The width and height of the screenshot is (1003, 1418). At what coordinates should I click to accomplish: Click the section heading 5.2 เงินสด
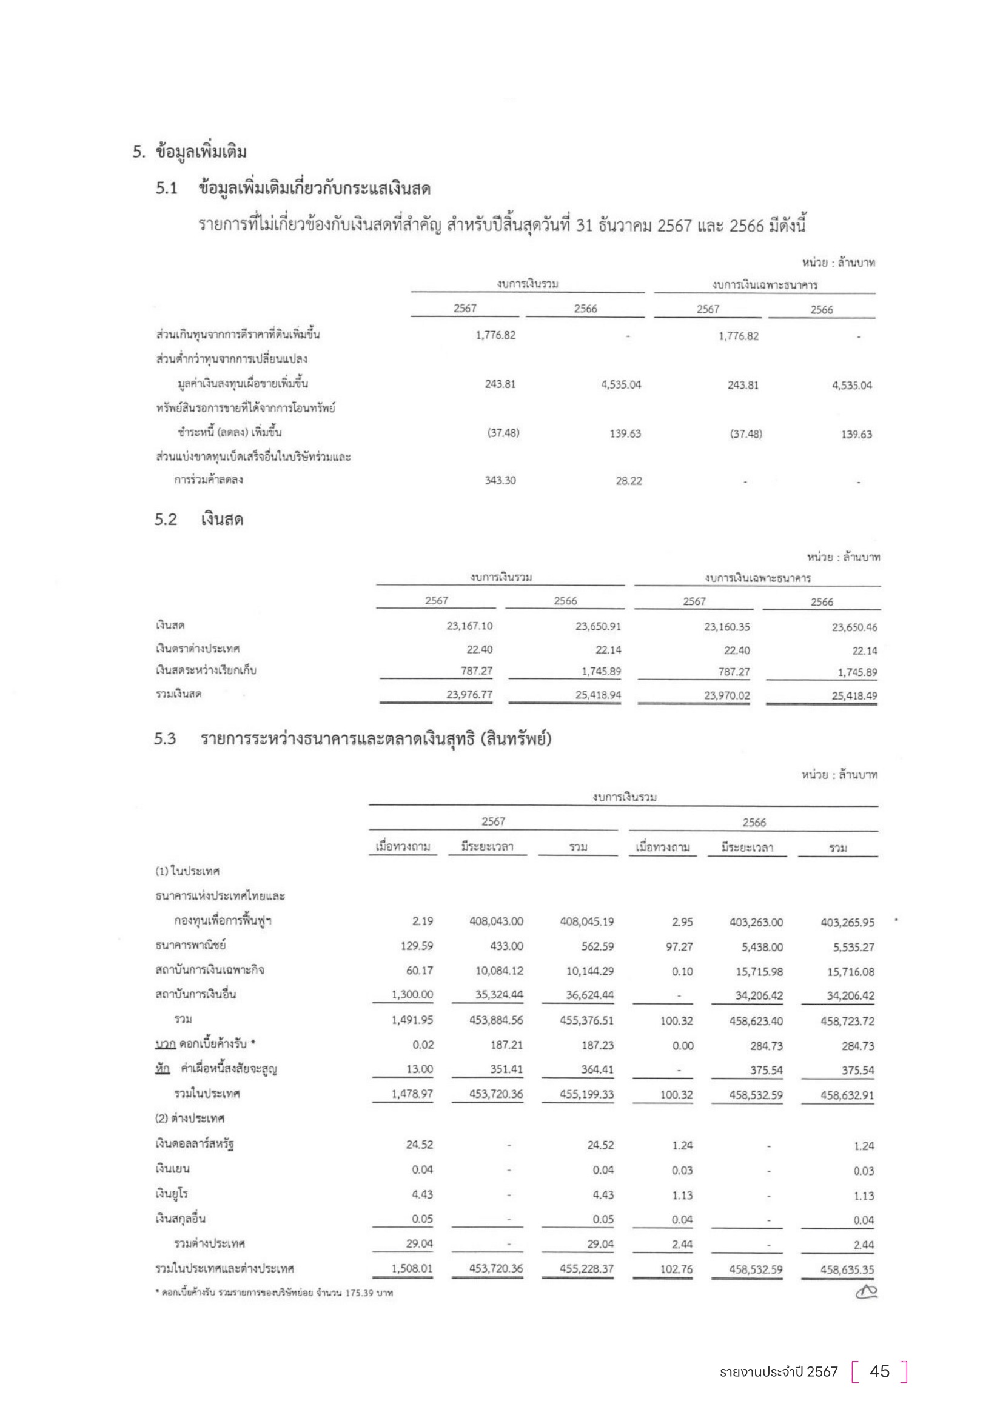[x=199, y=520]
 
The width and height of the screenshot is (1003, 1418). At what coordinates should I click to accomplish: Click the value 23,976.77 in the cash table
[x=469, y=695]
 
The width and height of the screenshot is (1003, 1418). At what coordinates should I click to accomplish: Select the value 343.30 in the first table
[x=500, y=481]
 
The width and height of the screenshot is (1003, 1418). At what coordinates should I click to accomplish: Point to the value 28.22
[x=629, y=481]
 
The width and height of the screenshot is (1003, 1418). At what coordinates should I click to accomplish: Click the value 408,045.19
[x=587, y=922]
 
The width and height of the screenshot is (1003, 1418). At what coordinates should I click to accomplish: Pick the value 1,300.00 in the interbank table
[x=412, y=995]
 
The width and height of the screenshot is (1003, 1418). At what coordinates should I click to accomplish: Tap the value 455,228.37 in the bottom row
[x=587, y=1269]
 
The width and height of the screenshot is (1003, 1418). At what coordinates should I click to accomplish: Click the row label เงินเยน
[x=172, y=1169]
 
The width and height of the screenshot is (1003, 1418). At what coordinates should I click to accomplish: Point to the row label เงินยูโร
[x=172, y=1194]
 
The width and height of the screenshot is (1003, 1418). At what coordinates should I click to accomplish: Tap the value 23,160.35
[x=727, y=627]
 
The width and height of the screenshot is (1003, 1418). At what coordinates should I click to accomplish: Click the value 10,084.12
[x=499, y=971]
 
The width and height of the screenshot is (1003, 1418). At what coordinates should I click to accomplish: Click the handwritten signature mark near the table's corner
[x=866, y=1291]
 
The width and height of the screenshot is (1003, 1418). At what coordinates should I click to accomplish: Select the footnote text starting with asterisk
[x=274, y=1293]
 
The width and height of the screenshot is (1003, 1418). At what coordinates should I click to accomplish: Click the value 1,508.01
[x=412, y=1269]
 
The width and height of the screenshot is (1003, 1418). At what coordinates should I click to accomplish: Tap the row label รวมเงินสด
[x=178, y=694]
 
